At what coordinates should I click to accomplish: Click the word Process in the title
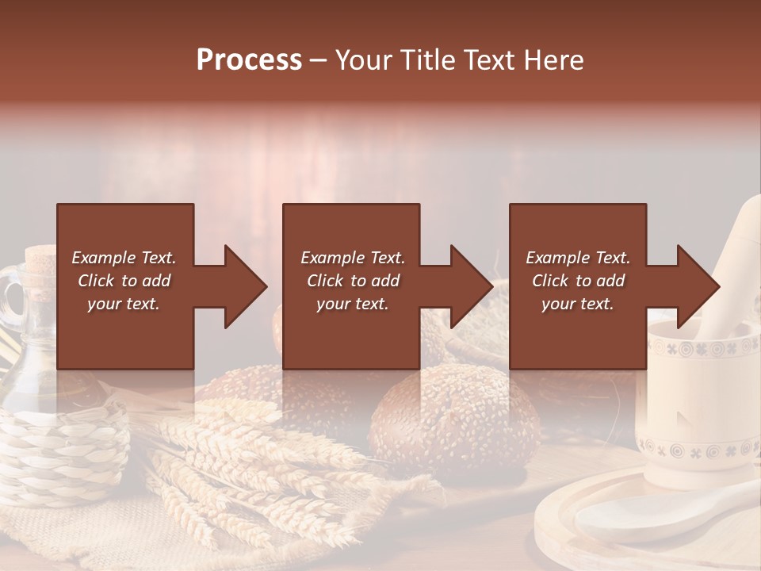coord(249,60)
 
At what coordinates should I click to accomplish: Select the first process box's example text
coord(124,281)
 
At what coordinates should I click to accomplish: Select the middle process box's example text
coord(352,281)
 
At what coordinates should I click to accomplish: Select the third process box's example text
coord(578,281)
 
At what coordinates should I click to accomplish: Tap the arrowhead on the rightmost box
coord(697,286)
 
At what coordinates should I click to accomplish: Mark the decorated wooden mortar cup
coord(698,412)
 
